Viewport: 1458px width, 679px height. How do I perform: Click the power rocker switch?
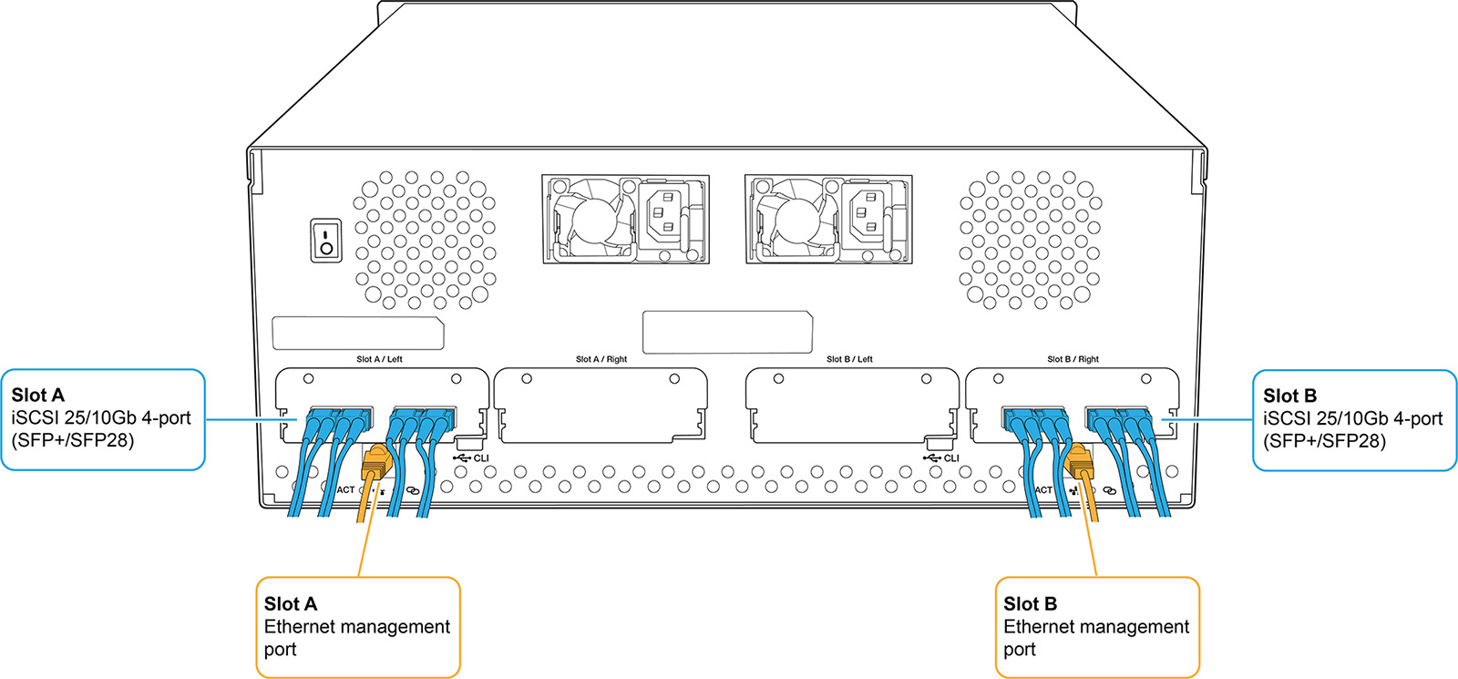pyautogui.click(x=326, y=240)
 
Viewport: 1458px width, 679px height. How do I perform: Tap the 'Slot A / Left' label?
pyautogui.click(x=379, y=359)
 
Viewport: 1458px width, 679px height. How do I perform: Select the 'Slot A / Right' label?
pyautogui.click(x=601, y=359)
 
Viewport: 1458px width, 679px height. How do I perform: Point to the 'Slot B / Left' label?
pyautogui.click(x=849, y=359)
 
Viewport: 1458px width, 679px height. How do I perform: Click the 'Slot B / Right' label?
pyautogui.click(x=1073, y=359)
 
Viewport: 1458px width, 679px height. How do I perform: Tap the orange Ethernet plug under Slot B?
pyautogui.click(x=1081, y=462)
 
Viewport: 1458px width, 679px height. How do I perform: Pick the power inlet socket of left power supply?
pyautogui.click(x=666, y=215)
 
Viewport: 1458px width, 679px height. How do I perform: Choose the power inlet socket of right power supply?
pyautogui.click(x=869, y=215)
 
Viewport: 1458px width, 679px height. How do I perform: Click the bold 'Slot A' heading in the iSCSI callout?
pyautogui.click(x=38, y=396)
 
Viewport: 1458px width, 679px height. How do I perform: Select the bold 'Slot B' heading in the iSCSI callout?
pyautogui.click(x=1289, y=396)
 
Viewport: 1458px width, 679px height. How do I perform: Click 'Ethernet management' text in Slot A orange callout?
pyautogui.click(x=357, y=627)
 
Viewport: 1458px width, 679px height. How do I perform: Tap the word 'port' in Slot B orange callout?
pyautogui.click(x=1020, y=650)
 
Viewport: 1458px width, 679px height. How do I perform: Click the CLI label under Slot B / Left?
pyautogui.click(x=950, y=458)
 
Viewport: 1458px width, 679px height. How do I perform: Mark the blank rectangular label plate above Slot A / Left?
pyautogui.click(x=358, y=334)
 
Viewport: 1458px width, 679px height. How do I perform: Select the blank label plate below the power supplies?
pyautogui.click(x=727, y=332)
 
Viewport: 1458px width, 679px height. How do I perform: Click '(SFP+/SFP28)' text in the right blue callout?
pyautogui.click(x=1324, y=441)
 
